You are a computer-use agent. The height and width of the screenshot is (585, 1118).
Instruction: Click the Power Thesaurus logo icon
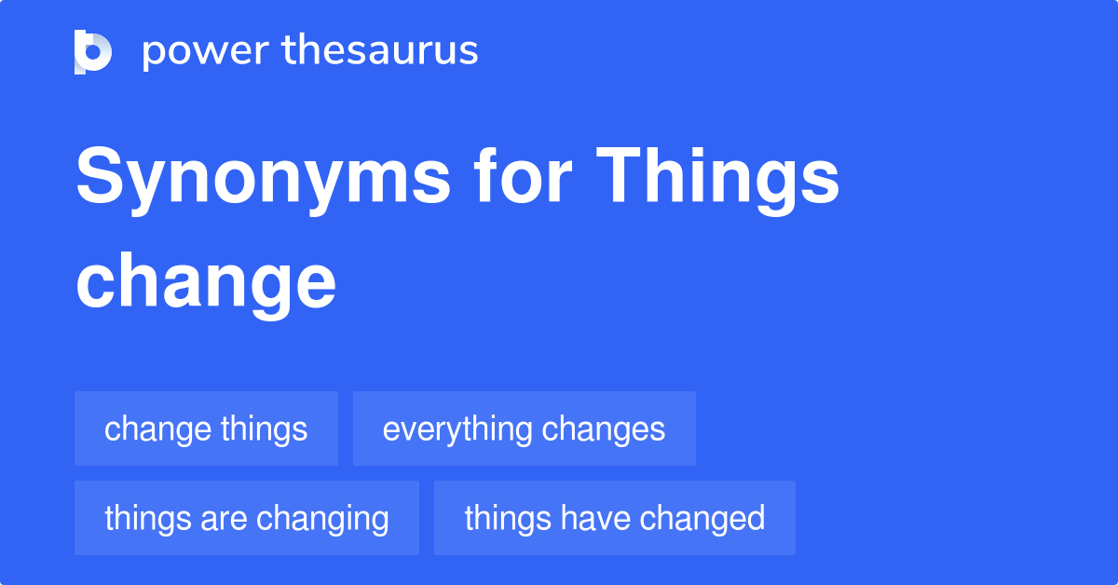[x=93, y=52]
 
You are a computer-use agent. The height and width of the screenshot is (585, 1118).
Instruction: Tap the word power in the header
[x=206, y=51]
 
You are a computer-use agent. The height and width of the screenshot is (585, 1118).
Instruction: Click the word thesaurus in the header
[x=380, y=49]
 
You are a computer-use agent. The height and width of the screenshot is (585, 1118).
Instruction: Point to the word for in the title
[x=523, y=175]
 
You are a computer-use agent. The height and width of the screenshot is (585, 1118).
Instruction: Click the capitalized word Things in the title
[x=717, y=180]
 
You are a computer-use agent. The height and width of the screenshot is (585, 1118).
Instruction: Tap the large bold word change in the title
[x=206, y=285]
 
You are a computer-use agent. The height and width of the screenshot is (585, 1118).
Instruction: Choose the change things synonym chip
[x=206, y=429]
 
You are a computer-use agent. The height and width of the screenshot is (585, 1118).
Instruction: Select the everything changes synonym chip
[x=524, y=429]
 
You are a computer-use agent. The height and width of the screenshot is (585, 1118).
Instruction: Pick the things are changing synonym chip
[x=247, y=518]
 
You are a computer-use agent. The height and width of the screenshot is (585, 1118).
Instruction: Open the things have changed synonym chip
[x=614, y=518]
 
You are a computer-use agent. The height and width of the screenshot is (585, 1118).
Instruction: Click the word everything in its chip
[x=457, y=429]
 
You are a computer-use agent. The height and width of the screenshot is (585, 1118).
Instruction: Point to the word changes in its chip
[x=604, y=429]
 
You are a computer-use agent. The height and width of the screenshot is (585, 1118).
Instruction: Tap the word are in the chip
[x=223, y=519]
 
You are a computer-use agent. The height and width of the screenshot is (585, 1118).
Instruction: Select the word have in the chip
[x=595, y=518]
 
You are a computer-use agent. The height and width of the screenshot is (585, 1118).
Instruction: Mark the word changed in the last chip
[x=702, y=518]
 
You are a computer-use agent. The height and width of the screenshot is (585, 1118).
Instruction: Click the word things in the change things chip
[x=264, y=429]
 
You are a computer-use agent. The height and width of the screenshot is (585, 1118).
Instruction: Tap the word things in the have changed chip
[x=508, y=519]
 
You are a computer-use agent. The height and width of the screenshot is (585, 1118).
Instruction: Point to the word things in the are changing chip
[x=148, y=519]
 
